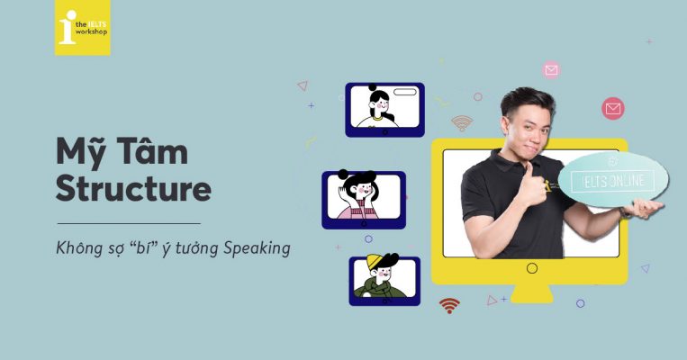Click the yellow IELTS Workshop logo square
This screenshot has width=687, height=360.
click(x=82, y=28)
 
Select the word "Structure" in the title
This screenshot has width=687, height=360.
click(x=133, y=189)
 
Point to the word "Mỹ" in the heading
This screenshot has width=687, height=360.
click(x=80, y=154)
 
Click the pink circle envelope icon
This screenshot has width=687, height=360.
click(x=551, y=69)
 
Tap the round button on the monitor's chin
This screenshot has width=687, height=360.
click(x=531, y=267)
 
